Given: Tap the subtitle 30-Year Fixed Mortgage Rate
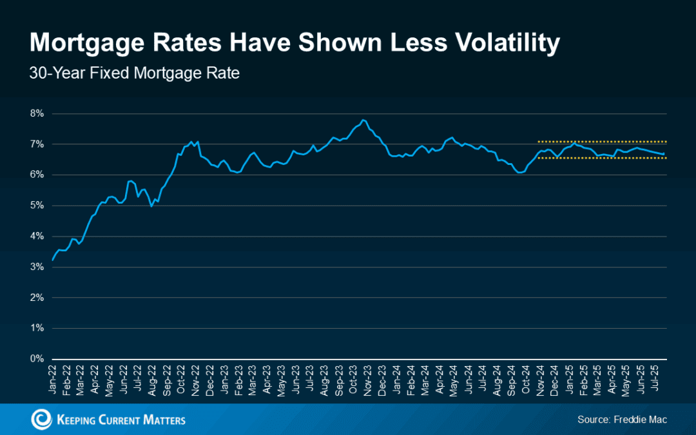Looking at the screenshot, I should [x=134, y=73].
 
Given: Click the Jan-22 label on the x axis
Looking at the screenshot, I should [x=53, y=381].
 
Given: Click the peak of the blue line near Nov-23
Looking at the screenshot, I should [x=363, y=120].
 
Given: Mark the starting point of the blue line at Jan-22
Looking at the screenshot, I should [x=53, y=260].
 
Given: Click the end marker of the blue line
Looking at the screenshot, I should [x=664, y=153].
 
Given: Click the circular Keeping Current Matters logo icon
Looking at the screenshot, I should [x=42, y=420].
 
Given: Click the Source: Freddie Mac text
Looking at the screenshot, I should [x=622, y=420].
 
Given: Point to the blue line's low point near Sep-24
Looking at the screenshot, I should [x=519, y=173].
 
